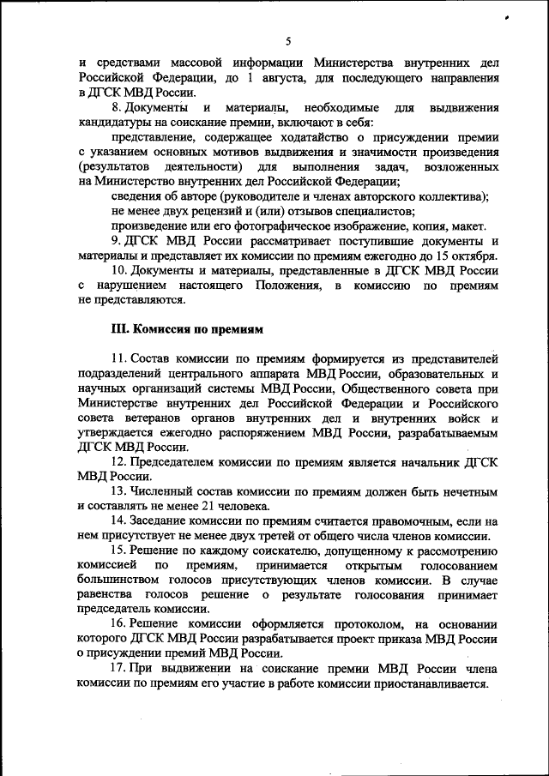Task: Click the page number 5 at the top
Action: point(288,41)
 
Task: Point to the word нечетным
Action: point(468,491)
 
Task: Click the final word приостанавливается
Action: point(422,684)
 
